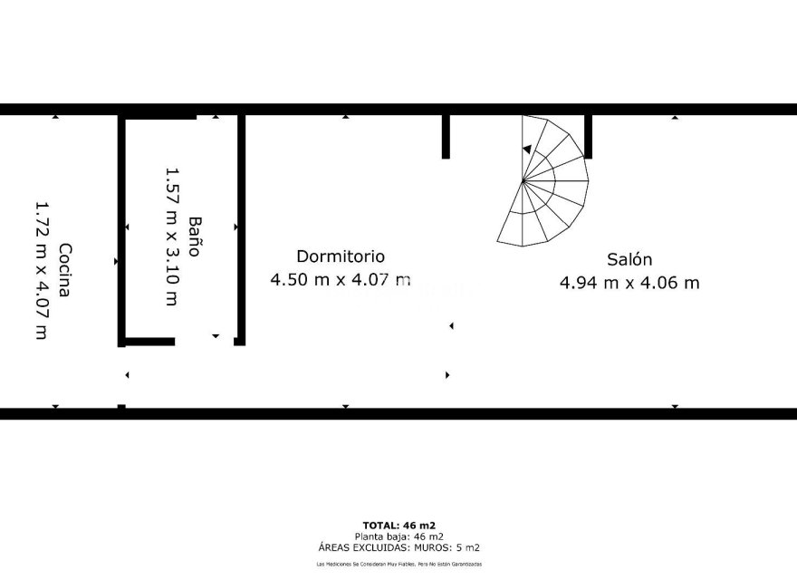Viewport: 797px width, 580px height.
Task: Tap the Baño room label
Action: (194, 237)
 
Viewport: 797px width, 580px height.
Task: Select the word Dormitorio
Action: (341, 256)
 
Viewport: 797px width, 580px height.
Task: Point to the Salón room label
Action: (629, 259)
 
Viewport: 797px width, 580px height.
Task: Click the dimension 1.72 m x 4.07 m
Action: (40, 270)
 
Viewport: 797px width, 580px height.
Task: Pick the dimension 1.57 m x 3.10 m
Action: (170, 237)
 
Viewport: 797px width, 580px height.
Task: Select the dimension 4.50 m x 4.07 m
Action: (341, 280)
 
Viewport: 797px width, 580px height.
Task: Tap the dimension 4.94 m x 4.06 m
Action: (629, 283)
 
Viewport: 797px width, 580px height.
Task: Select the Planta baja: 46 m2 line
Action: (399, 536)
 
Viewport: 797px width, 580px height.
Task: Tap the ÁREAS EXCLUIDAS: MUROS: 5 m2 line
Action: (399, 547)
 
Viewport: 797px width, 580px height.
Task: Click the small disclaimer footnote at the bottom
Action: (399, 564)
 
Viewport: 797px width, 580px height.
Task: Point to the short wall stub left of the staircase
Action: (446, 136)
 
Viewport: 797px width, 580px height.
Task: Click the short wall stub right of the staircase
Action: (588, 136)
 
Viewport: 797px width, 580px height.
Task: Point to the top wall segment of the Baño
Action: (159, 116)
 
